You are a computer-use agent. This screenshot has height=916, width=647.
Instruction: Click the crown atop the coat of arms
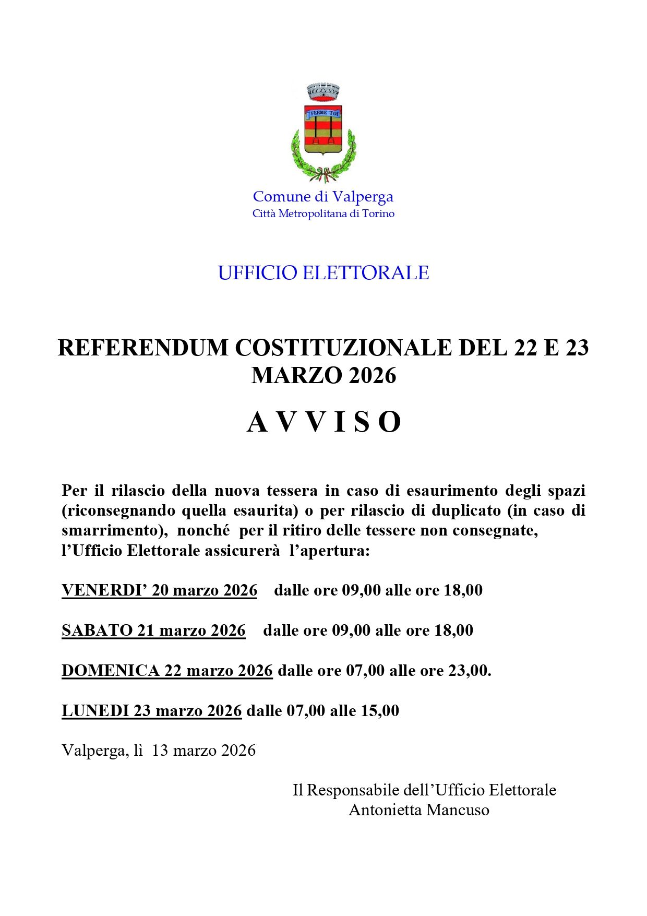(323, 92)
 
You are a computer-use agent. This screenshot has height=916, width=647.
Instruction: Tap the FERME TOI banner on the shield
(322, 113)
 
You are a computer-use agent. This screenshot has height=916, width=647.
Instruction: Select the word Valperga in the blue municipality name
(363, 197)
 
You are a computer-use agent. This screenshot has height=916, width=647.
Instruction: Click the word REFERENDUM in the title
(143, 348)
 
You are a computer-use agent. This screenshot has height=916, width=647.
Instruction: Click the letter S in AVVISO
(361, 422)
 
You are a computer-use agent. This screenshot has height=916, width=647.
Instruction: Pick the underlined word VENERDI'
(104, 590)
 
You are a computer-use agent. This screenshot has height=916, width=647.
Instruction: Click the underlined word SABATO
(97, 631)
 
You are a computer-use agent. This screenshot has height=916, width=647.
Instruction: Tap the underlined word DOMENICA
(110, 671)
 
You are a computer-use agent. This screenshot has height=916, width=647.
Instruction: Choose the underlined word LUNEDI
(95, 711)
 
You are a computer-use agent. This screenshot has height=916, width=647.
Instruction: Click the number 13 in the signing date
(160, 751)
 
